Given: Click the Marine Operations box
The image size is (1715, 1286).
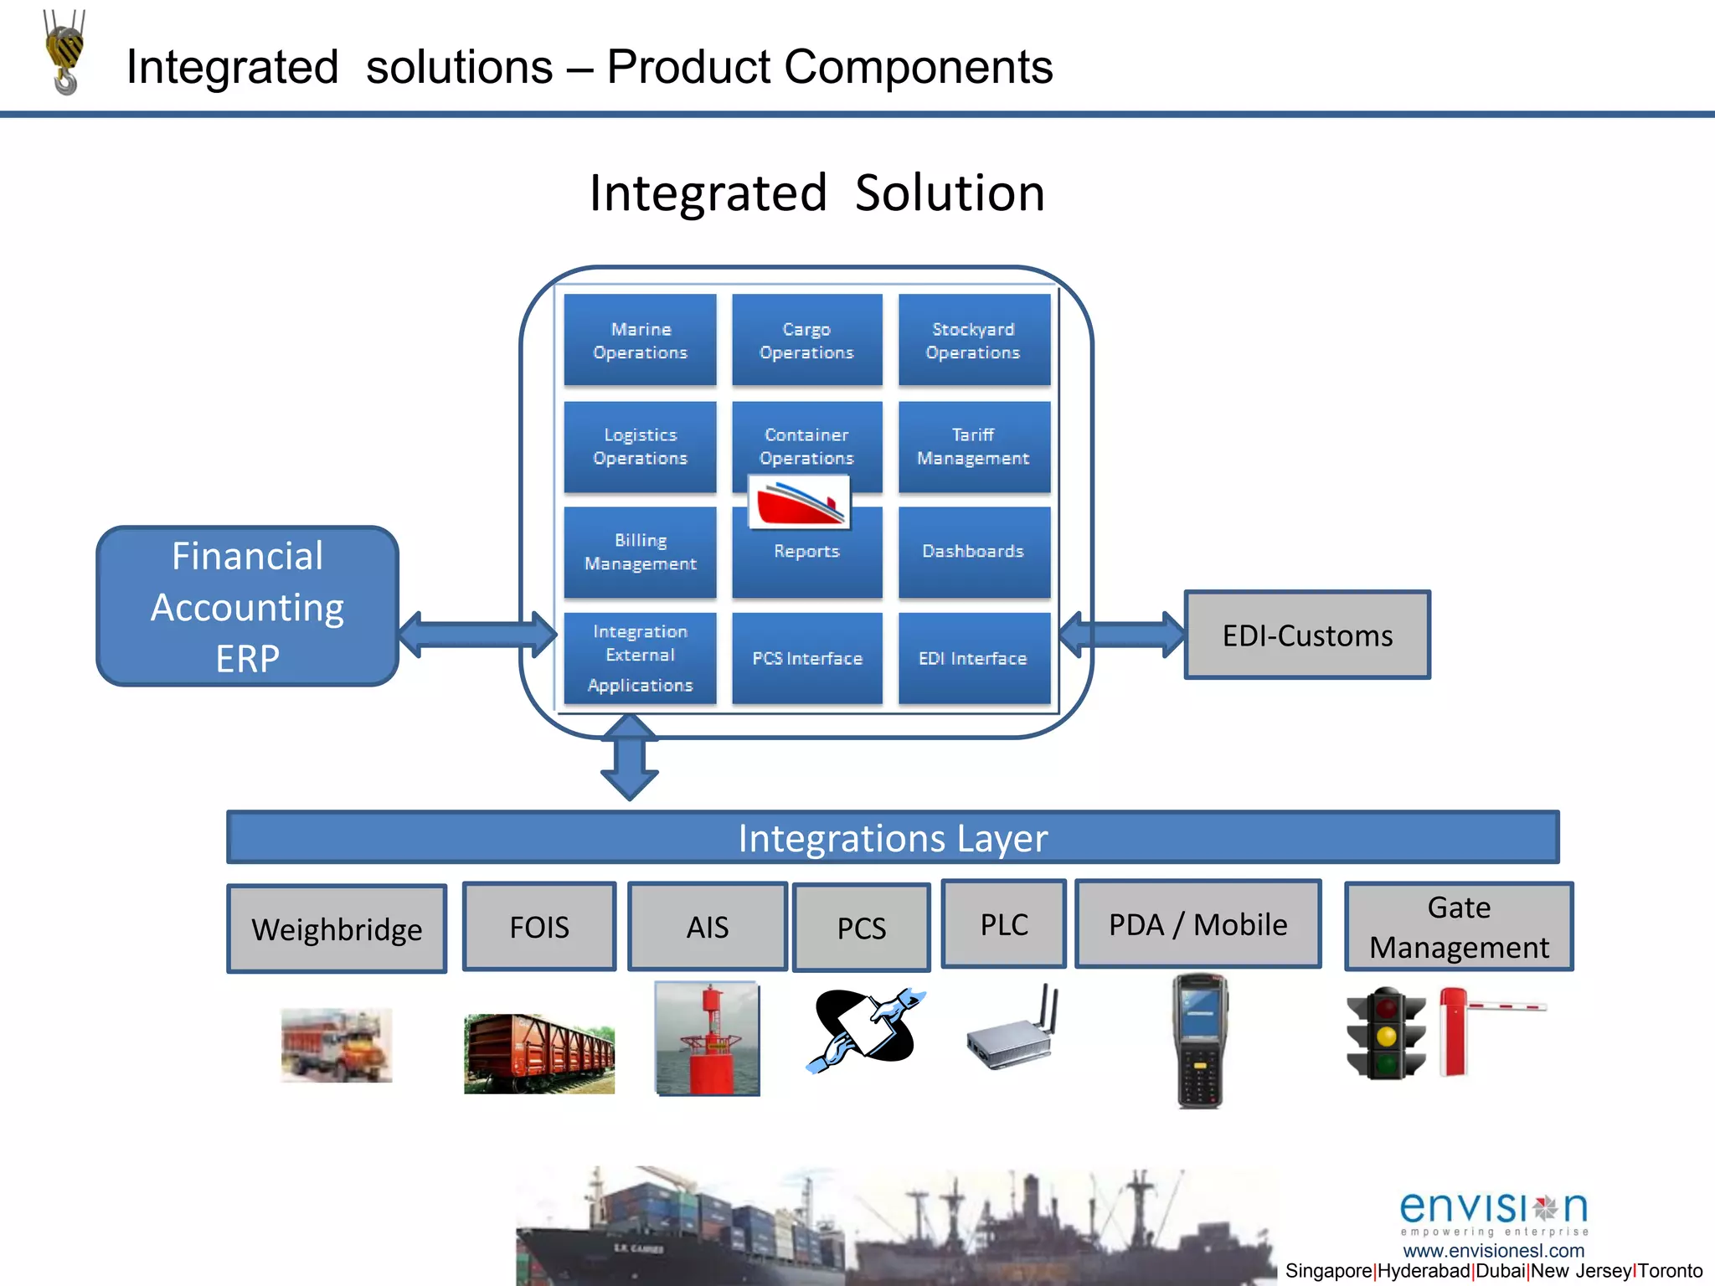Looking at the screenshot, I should pos(640,340).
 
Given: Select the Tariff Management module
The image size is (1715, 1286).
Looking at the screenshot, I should pos(973,446).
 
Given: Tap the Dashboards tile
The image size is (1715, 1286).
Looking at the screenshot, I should pos(973,552).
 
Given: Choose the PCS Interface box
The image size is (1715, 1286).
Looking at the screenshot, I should pos(806,658).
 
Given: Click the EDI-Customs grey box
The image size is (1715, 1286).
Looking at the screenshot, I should pos(1306,635).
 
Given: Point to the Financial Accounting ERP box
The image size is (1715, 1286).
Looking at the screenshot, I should pos(247,606).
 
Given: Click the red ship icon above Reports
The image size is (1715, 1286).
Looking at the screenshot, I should pos(799,503).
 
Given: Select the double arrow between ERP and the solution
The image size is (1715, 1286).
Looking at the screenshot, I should pos(477,634).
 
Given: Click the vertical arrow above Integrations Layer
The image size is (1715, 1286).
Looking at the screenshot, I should pos(630,757).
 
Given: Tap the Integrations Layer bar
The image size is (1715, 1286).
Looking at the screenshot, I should pos(893,837).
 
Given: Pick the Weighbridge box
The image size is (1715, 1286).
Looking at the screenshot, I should pos(337,928).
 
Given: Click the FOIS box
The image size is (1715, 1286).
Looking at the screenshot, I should pos(539,927).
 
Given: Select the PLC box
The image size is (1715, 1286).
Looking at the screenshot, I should pos(1003,924).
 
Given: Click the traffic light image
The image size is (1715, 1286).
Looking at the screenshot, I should pos(1386,1034).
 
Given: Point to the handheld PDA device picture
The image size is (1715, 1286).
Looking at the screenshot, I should pos(1199,1040).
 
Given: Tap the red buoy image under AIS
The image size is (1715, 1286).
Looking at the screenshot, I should pos(708,1038).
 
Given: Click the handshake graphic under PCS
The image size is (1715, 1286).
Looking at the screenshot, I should pos(865,1027).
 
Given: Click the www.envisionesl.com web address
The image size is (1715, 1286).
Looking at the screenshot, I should pos(1493,1251).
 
